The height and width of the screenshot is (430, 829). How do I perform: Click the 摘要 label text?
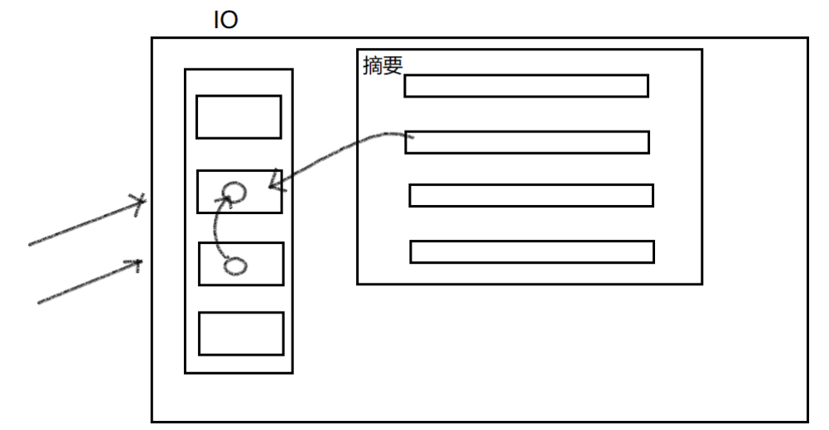click(x=382, y=67)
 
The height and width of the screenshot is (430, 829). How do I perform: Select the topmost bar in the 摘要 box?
click(x=526, y=86)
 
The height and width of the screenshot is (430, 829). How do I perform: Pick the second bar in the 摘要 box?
click(x=527, y=142)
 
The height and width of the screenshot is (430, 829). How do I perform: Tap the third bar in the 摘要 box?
click(x=531, y=196)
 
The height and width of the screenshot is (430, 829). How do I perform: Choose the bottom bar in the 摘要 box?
click(x=532, y=251)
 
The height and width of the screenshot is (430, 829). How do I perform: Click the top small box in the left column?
click(x=239, y=117)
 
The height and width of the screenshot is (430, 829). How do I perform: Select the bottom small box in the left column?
click(x=241, y=333)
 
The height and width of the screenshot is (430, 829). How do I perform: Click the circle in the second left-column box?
click(x=236, y=193)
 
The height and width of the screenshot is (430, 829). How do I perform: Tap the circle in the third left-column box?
click(x=235, y=265)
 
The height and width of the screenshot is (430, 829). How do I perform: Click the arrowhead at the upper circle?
click(x=224, y=199)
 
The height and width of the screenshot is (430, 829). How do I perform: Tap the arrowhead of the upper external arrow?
click(x=142, y=202)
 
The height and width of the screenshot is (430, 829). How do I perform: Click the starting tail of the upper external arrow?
click(x=31, y=245)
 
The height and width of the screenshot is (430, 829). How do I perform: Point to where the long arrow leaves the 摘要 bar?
click(x=407, y=136)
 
